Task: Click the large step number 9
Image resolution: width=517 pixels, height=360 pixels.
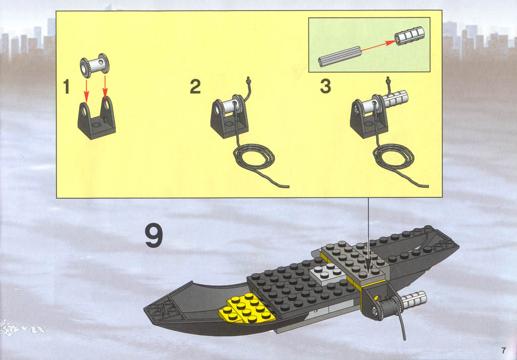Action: click(x=153, y=235)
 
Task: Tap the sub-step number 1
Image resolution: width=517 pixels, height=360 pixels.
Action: click(x=67, y=87)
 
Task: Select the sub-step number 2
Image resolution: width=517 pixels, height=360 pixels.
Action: click(x=195, y=87)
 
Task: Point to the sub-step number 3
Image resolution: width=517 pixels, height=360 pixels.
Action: click(x=326, y=87)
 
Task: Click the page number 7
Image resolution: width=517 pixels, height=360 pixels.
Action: click(x=503, y=350)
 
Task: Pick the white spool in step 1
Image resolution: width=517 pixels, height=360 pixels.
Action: click(x=94, y=65)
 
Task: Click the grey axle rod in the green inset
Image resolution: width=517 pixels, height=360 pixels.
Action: click(x=340, y=57)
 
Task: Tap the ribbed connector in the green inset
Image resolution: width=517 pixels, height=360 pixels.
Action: click(x=409, y=36)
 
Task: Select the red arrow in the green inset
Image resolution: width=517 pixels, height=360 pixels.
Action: click(x=379, y=46)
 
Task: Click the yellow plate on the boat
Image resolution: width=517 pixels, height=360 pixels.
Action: click(x=246, y=308)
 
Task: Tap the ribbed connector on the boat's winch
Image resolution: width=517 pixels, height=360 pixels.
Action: click(x=414, y=300)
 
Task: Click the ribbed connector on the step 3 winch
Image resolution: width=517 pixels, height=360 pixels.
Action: click(x=395, y=99)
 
